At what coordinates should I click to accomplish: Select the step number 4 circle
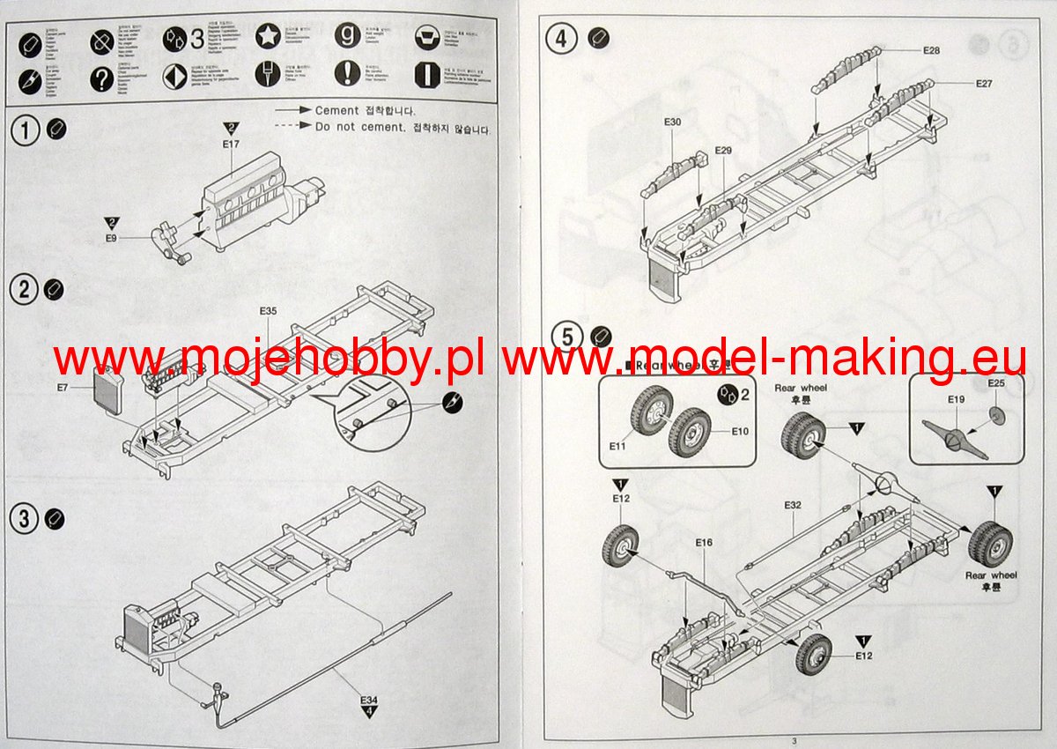561,39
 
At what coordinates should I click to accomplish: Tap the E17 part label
232,144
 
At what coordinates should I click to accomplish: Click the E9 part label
111,237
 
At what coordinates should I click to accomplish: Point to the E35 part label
269,312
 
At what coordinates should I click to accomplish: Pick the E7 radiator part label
63,388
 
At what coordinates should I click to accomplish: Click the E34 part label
368,700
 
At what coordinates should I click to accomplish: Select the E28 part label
931,50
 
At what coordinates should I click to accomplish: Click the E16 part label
703,543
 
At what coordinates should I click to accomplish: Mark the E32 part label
793,505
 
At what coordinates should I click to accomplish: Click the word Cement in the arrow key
336,111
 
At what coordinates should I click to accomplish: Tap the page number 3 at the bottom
793,741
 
